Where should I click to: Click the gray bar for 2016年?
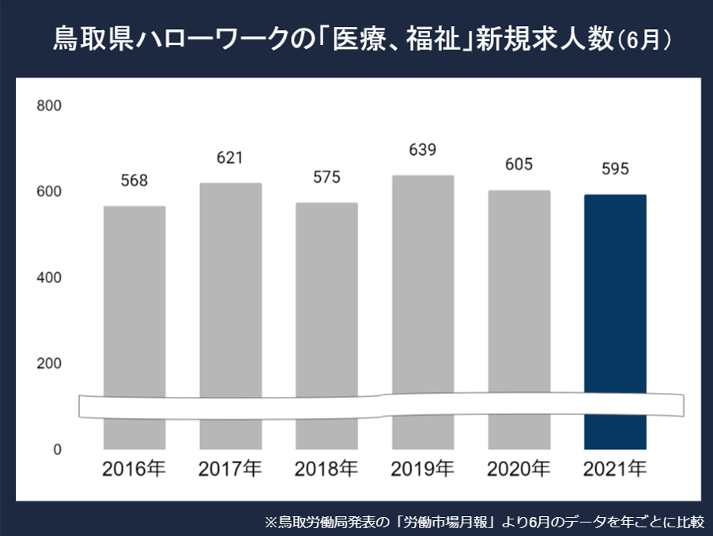coord(134,300)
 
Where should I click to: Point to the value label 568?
coord(134,181)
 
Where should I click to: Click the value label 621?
coord(230,158)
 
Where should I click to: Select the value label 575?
coord(326,177)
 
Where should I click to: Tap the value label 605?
coord(519,164)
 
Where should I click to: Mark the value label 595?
coord(615,169)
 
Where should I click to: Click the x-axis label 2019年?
coord(423,469)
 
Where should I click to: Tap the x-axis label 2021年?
coord(615,469)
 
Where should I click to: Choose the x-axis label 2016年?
coord(134,469)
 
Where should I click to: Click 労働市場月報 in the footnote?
coord(450,522)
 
